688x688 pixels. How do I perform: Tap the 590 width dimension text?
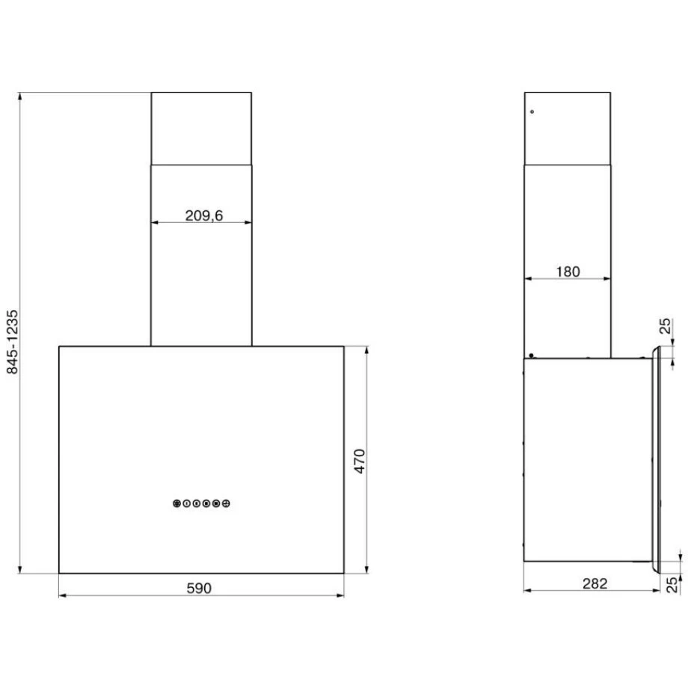point(199,588)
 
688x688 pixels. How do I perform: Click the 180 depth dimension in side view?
point(568,271)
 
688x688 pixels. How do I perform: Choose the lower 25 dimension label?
point(672,584)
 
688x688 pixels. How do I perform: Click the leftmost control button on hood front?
point(176,504)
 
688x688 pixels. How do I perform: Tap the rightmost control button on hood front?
point(226,504)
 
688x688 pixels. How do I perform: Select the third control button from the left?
point(196,504)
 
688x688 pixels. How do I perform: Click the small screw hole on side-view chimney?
point(531,112)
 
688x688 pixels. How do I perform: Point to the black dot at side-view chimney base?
point(530,355)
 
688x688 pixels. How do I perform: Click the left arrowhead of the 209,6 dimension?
point(154,223)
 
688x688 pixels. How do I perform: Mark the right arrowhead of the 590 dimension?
point(341,596)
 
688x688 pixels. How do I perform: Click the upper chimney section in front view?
point(201,128)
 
